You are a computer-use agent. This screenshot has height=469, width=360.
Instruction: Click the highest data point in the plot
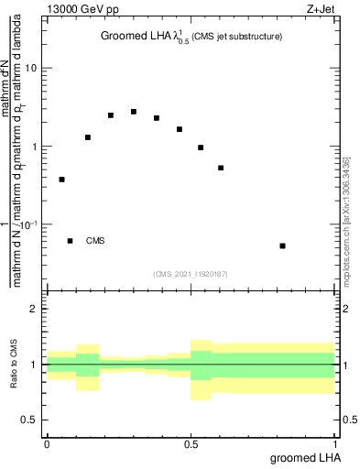[134, 112]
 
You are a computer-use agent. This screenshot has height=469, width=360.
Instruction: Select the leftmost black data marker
[61, 180]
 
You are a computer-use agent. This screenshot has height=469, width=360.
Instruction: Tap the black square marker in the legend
[71, 241]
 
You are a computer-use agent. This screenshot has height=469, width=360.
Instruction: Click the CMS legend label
[95, 241]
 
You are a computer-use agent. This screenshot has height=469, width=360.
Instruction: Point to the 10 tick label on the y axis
[31, 69]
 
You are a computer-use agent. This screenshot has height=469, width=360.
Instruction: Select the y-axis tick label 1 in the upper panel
[34, 147]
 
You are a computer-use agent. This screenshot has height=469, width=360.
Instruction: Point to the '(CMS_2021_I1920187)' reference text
[191, 273]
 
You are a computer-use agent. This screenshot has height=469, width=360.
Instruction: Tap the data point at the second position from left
[88, 137]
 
